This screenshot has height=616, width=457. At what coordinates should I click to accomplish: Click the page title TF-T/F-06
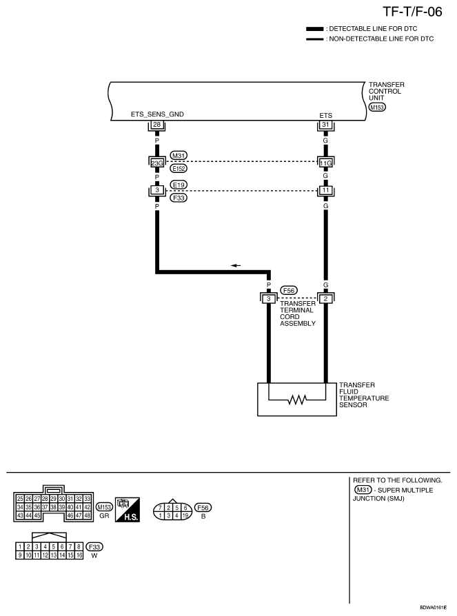[x=412, y=12]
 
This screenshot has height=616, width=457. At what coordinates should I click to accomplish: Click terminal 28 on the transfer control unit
[x=156, y=125]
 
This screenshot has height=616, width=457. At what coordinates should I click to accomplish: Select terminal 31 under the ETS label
[x=325, y=125]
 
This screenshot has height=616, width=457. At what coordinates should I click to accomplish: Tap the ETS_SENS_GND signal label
[x=157, y=114]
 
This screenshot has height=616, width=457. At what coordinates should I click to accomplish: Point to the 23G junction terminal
[x=156, y=162]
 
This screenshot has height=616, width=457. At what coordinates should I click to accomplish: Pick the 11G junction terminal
[x=325, y=162]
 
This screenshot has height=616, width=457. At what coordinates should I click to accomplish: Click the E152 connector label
[x=179, y=168]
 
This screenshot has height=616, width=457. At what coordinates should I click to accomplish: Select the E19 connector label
[x=179, y=185]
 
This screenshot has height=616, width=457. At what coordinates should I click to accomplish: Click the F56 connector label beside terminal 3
[x=289, y=290]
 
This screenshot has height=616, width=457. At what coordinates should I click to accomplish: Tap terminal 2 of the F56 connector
[x=325, y=298]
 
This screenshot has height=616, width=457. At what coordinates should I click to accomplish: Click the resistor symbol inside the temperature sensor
[x=297, y=400]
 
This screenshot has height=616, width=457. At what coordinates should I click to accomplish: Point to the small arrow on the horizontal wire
[x=235, y=265]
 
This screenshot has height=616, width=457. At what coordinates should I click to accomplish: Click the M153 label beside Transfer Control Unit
[x=377, y=107]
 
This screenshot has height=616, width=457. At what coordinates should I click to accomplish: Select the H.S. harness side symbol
[x=128, y=509]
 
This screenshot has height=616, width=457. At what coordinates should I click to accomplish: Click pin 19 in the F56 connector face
[x=185, y=515]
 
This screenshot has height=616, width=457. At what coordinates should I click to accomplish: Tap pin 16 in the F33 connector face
[x=79, y=555]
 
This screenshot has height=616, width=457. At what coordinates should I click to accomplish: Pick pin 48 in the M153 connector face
[x=88, y=515]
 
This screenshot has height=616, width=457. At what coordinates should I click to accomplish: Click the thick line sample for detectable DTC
[x=315, y=29]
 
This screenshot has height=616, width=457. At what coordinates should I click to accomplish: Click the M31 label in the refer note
[x=363, y=490]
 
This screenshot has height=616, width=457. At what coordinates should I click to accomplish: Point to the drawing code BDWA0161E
[x=433, y=607]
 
